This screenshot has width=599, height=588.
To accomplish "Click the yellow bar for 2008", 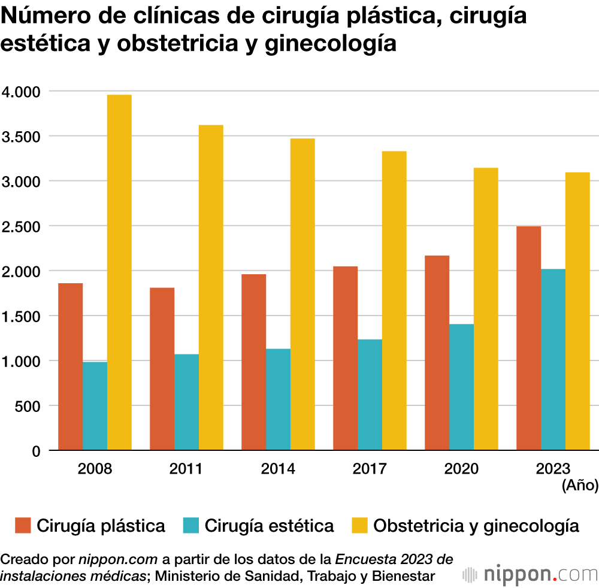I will pos(119,272).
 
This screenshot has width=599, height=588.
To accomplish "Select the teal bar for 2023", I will pos(553,359).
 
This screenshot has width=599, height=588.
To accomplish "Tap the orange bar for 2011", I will pos(162,369).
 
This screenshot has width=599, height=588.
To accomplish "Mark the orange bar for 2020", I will pos(437,353).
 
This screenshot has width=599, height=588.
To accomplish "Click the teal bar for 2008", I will pos(95,406).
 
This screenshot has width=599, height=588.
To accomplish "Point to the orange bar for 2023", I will pos(528,338).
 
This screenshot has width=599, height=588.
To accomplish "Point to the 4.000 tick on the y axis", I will pos(20,92).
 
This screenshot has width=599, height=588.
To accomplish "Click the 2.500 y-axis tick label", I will pos(20,226).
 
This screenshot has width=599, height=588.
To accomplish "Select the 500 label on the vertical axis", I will pos(28,406).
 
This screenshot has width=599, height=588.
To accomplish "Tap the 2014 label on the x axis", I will pos(278,468).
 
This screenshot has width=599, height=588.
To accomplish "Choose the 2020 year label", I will pos(461,468).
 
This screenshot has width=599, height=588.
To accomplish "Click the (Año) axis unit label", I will pos(580,486).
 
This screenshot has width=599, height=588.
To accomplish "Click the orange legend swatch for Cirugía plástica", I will pos(22,526).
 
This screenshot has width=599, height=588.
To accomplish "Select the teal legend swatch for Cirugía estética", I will pos(190,526).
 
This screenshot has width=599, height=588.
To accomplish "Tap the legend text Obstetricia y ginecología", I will pos(476,526).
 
